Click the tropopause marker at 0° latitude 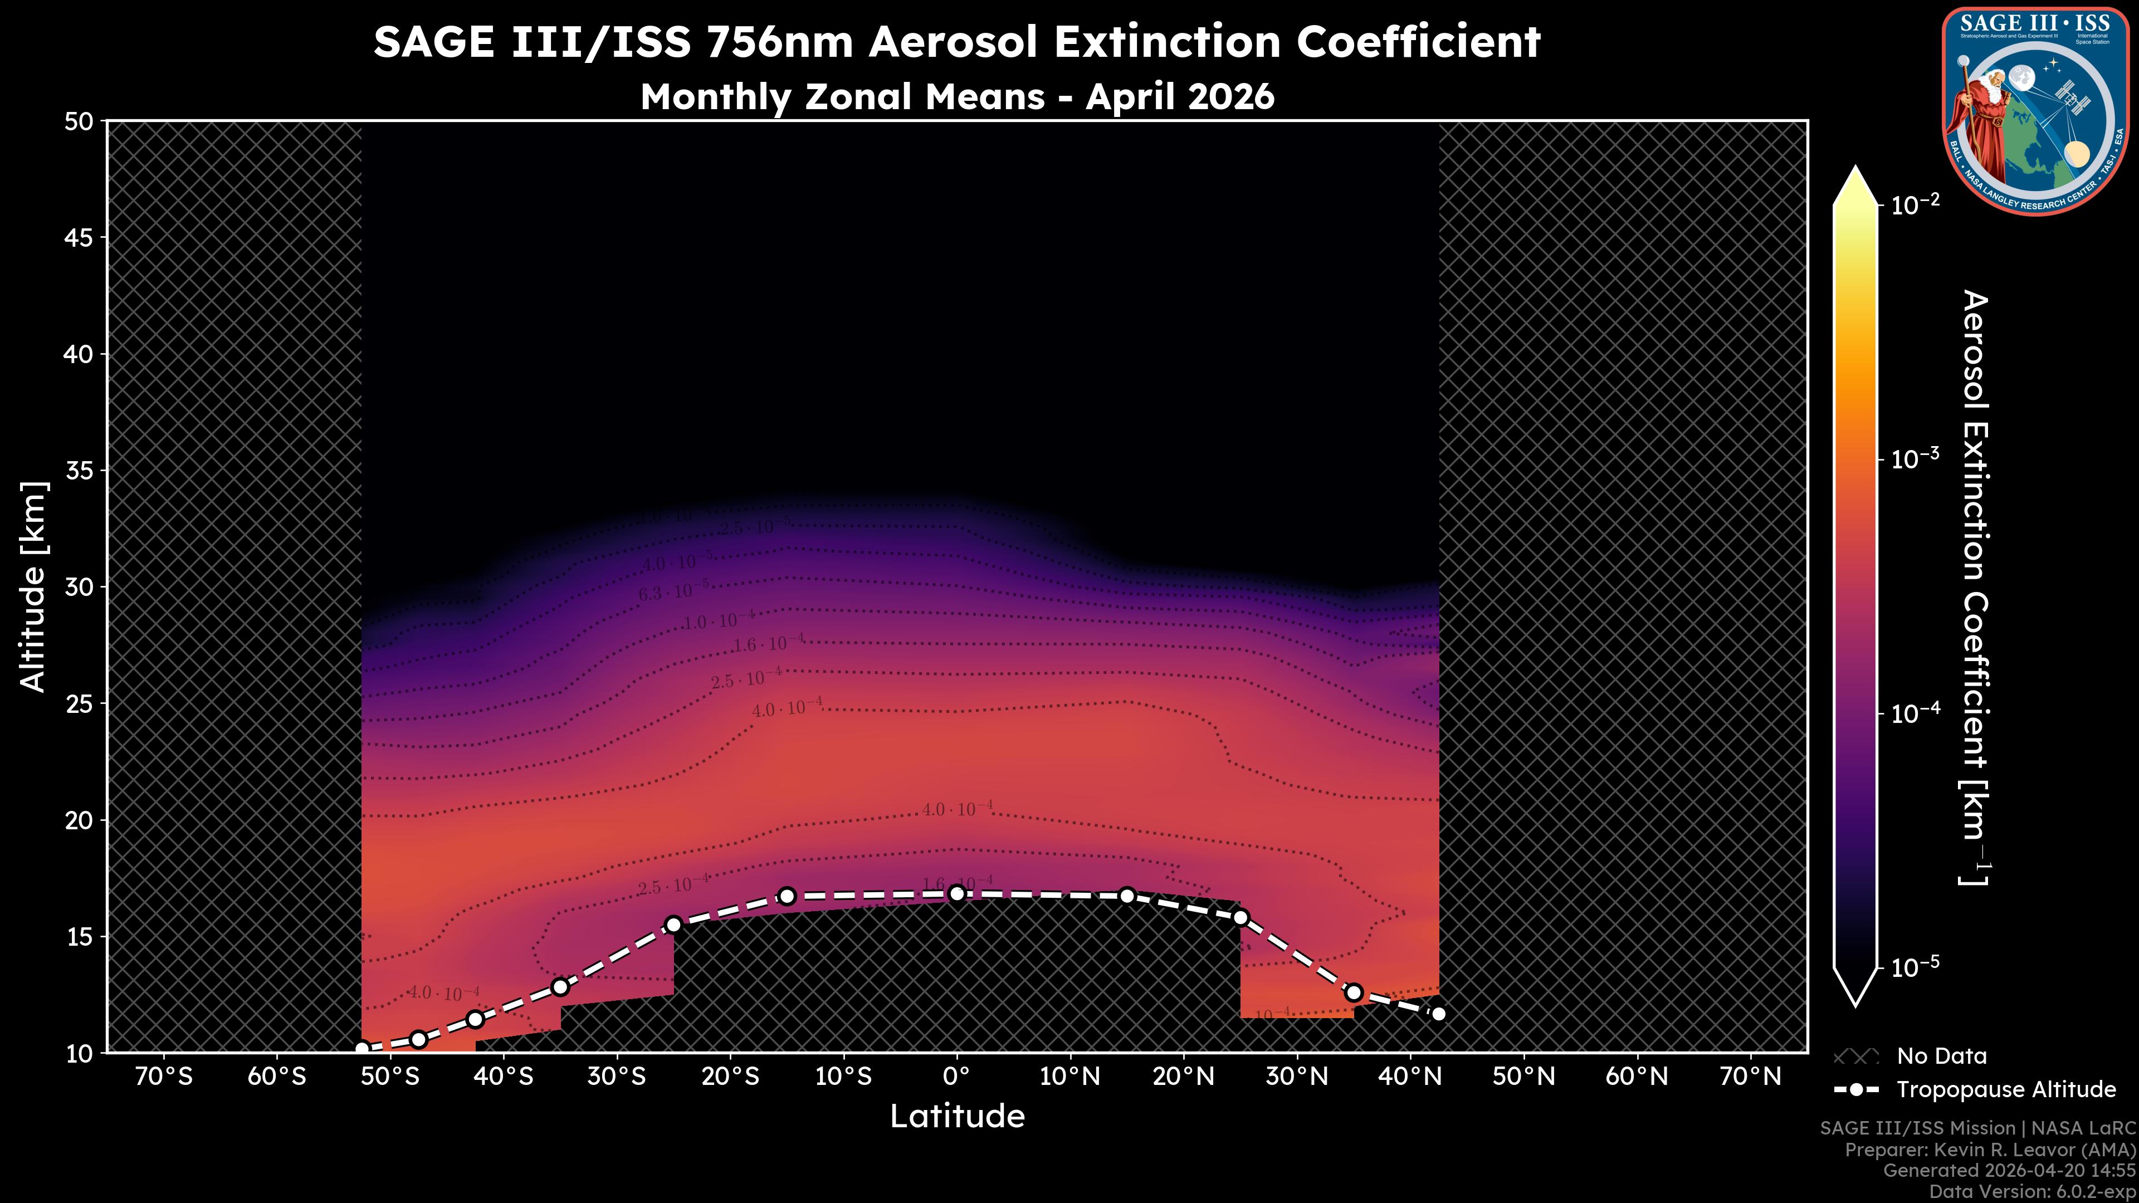[956, 893]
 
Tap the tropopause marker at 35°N [1354, 992]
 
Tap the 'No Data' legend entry [1941, 1056]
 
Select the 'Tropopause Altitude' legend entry [2005, 1089]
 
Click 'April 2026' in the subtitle [1179, 96]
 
